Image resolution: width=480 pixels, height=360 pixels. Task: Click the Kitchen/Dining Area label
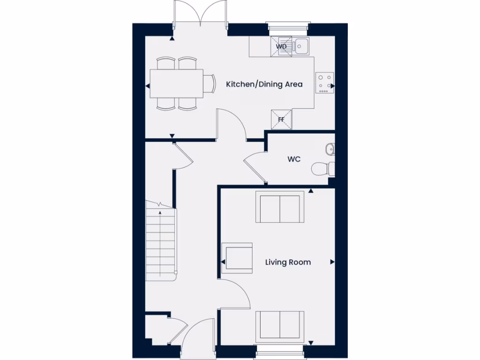coord(264,84)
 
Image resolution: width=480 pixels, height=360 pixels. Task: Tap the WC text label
coord(294,159)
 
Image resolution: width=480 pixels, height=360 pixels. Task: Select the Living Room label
coord(288,262)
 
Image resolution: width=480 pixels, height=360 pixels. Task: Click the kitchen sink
coord(300,46)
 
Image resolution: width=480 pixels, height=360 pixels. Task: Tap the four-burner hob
coord(324,82)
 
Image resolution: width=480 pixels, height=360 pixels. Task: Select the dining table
coord(176,83)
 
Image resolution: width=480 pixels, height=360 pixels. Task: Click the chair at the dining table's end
coord(209,84)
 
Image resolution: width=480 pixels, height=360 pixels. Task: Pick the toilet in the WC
coord(323,168)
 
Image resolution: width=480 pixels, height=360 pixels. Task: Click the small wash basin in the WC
coord(330,149)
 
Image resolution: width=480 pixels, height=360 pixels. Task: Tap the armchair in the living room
coord(237,257)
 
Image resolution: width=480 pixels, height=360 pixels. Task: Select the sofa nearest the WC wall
coord(280,207)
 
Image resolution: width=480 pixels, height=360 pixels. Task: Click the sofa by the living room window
coord(280,326)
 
